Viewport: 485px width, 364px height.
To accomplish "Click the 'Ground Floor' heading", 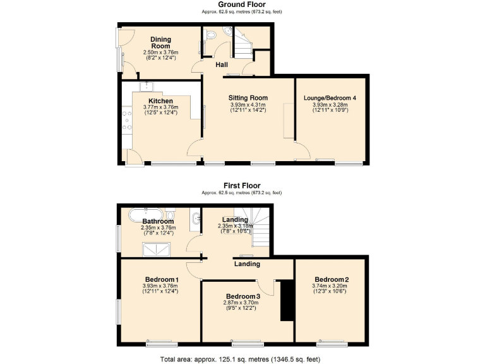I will click(x=241, y=4).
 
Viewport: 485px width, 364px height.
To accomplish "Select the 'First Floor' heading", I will click(x=241, y=186).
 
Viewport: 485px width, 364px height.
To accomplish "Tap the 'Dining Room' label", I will click(x=160, y=42).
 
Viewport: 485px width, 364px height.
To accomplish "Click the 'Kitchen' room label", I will click(x=160, y=101).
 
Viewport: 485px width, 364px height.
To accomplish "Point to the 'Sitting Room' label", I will click(x=248, y=98).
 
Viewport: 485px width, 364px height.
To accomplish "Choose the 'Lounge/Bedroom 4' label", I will click(x=330, y=98).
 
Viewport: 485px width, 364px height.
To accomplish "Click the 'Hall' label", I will click(x=222, y=64).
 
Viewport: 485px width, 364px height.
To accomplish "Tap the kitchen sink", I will click(x=147, y=85).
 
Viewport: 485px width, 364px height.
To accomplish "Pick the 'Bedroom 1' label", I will click(x=162, y=279).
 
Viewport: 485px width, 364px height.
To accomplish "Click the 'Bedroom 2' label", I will click(x=332, y=279).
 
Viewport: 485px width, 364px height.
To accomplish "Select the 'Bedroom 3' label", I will click(x=243, y=296).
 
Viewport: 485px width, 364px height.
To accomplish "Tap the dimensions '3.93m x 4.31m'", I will click(x=248, y=105).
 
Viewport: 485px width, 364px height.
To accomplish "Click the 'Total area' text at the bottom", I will click(x=242, y=358).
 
